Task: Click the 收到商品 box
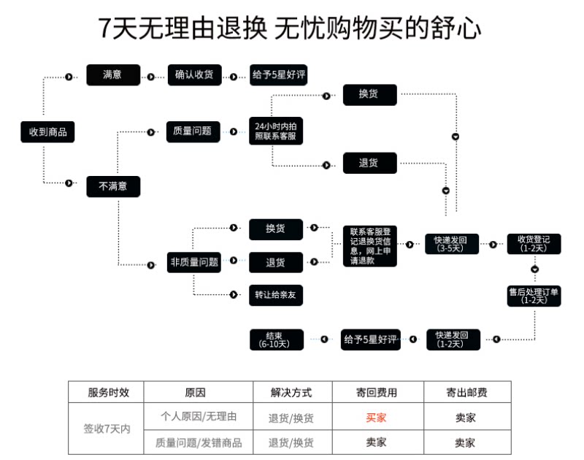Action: pos(47,132)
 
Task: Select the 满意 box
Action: pos(113,75)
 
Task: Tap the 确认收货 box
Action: pos(194,75)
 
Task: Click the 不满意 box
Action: pos(113,186)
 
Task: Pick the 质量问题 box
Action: pos(193,131)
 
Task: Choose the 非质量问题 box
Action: pos(194,262)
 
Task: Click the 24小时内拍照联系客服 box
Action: pos(276,131)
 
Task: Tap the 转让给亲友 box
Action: pos(276,296)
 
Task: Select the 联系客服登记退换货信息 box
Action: pos(370,246)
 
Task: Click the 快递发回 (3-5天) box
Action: pos(452,244)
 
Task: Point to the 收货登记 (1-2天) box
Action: pos(534,244)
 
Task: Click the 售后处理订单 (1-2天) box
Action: pos(534,296)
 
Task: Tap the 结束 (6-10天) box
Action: pos(277,340)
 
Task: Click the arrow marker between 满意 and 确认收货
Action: pos(151,77)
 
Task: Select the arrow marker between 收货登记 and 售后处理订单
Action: pos(535,269)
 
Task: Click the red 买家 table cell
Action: pos(376,418)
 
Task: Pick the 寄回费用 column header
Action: pos(377,393)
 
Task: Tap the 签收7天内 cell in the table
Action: pos(107,429)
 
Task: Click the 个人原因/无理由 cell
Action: pos(199,416)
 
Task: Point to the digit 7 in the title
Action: pos(105,28)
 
